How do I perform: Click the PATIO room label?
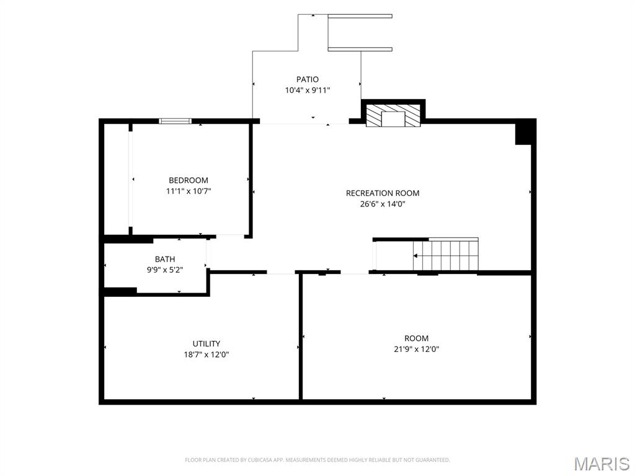(x=308, y=79)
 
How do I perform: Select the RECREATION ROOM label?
(x=383, y=193)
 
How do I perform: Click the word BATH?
(x=165, y=259)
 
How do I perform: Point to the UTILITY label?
(x=206, y=343)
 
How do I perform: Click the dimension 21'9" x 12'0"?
(x=416, y=349)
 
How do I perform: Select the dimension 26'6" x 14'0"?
(x=383, y=204)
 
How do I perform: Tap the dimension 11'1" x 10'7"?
(x=189, y=191)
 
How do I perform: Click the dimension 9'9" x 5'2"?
(x=165, y=270)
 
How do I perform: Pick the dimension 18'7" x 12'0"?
(x=206, y=355)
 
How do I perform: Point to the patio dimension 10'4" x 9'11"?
(x=308, y=90)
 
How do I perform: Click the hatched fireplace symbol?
(x=393, y=115)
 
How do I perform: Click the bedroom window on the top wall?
(x=175, y=121)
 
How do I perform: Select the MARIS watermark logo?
(x=602, y=464)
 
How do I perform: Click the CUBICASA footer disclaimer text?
(x=317, y=460)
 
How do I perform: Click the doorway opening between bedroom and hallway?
(x=230, y=236)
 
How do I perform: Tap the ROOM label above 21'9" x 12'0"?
(x=416, y=338)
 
